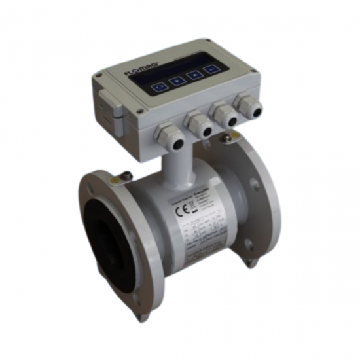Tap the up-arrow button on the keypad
(x=194, y=76)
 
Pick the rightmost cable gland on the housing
(x=248, y=105)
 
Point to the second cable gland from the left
(x=199, y=124)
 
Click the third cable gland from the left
(x=226, y=115)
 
